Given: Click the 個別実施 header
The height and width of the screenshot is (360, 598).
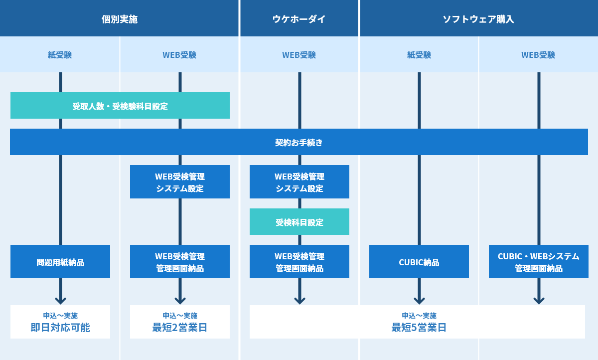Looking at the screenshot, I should (x=120, y=19).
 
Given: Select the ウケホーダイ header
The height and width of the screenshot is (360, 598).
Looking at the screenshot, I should (x=299, y=19).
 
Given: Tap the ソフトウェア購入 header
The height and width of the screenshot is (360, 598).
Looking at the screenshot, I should (x=478, y=19).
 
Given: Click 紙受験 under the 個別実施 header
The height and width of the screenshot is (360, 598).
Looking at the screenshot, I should (x=60, y=55).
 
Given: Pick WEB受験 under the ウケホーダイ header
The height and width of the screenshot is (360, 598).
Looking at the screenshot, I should (x=299, y=55).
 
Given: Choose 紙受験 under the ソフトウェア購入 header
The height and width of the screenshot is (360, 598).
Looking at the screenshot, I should (x=419, y=55).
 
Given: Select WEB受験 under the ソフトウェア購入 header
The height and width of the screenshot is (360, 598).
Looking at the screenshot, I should (x=538, y=55).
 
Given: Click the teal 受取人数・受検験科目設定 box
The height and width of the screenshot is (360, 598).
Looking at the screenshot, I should (x=120, y=106).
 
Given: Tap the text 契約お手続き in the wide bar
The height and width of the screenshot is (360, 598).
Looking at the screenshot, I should (x=299, y=143).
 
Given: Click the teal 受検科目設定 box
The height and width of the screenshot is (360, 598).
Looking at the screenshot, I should (x=299, y=222).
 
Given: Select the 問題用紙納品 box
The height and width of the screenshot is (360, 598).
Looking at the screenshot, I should (x=60, y=262).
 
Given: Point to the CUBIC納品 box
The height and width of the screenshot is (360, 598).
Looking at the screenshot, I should (x=419, y=262).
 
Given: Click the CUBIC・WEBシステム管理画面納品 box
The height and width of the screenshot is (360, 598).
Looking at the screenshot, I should (x=539, y=262).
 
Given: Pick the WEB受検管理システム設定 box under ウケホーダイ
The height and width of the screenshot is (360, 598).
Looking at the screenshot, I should (x=299, y=182).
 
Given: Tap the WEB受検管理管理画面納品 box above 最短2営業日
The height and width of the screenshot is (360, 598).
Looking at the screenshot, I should (x=180, y=262).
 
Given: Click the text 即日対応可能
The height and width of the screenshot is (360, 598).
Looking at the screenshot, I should (x=60, y=328).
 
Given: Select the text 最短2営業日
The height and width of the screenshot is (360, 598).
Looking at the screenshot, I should (x=180, y=328).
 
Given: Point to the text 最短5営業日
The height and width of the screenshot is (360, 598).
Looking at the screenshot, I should (x=419, y=328).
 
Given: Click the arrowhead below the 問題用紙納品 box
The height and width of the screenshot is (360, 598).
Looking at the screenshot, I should (x=60, y=300).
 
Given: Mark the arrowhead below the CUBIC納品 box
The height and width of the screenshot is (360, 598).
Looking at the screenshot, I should (x=419, y=300).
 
